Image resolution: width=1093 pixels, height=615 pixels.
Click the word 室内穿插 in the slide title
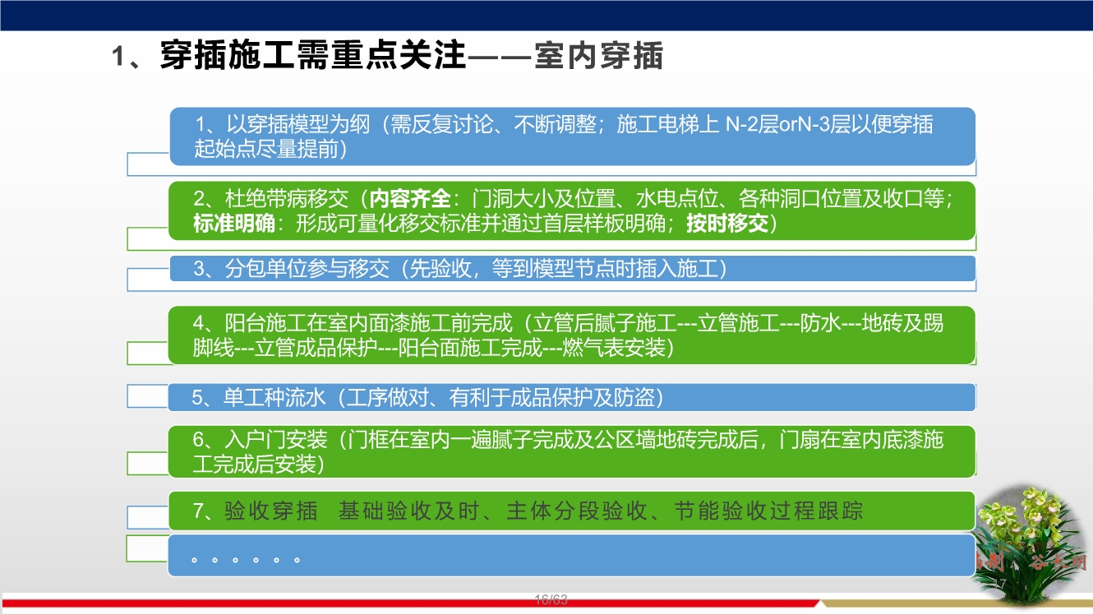(598, 57)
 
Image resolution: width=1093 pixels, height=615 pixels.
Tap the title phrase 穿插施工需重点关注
(312, 57)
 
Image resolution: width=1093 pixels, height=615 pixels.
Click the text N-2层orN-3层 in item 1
(798, 125)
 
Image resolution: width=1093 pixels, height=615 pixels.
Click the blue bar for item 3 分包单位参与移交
(571, 269)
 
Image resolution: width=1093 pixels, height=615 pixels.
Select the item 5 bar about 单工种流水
(571, 398)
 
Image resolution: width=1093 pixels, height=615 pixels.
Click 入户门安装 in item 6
(276, 439)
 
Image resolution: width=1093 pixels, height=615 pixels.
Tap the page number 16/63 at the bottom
(551, 599)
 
